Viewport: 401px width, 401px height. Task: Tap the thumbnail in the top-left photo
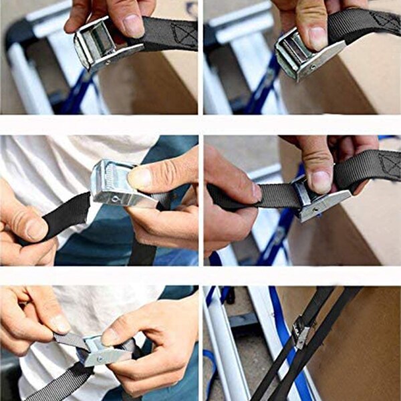tap(133, 25)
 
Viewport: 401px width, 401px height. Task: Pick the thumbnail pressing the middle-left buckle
tap(140, 178)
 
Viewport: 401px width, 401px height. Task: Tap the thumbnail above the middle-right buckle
tap(321, 180)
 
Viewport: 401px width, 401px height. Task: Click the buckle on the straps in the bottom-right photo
tap(301, 331)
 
